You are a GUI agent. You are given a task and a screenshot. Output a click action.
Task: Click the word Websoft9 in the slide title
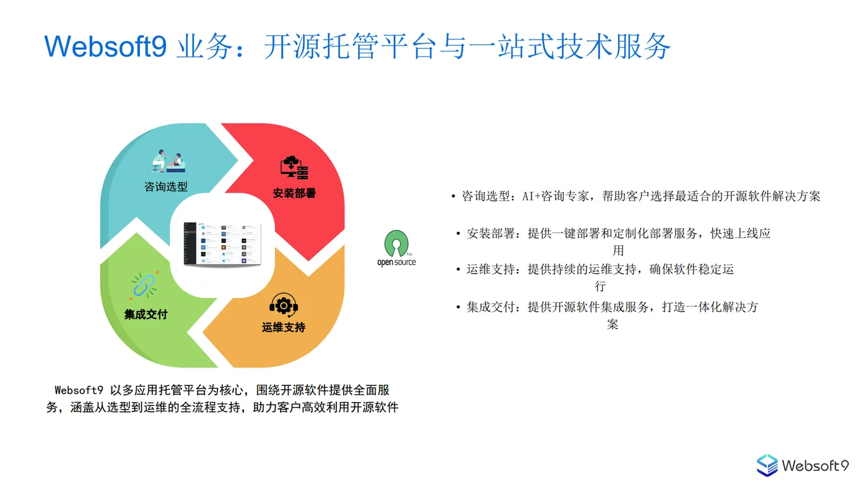pos(105,46)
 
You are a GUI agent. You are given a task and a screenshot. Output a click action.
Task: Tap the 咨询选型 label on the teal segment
pos(165,186)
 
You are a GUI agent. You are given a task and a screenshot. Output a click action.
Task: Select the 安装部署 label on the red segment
pos(294,193)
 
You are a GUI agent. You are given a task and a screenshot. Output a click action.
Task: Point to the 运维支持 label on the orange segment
pos(283,327)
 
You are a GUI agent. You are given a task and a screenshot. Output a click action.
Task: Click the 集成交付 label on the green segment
pos(146,314)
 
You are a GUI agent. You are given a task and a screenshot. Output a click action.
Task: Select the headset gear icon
pos(284,305)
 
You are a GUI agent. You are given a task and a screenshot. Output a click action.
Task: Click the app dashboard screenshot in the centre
pos(222,244)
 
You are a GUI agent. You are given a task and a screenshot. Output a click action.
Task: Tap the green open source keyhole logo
pos(396,244)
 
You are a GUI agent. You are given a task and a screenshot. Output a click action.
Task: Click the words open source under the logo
pos(396,263)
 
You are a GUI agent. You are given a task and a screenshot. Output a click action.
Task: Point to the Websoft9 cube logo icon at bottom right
pos(767,465)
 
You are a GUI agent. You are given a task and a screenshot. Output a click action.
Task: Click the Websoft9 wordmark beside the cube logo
pos(815,465)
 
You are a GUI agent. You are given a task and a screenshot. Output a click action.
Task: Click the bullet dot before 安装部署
pos(458,234)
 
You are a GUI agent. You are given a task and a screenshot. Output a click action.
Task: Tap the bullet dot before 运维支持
pos(458,270)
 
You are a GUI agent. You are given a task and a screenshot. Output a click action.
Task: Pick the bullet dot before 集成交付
pos(458,307)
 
